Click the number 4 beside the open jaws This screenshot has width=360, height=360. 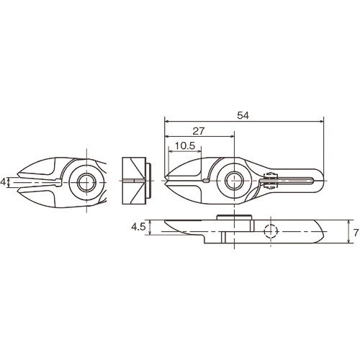[4, 182]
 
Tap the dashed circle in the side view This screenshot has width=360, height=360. [270, 232]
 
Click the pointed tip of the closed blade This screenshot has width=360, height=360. [166, 180]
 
